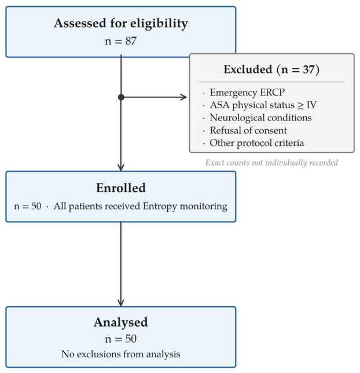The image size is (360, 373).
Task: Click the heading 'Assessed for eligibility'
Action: pos(121,24)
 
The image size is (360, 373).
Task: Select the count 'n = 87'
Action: pos(121,41)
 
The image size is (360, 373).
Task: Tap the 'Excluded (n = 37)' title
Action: pos(271,70)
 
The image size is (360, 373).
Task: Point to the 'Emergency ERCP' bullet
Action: pos(247,92)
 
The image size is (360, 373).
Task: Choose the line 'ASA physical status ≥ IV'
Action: pos(263,105)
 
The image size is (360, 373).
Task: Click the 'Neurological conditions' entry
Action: pos(260,118)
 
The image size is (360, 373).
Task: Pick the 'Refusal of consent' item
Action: pos(248,130)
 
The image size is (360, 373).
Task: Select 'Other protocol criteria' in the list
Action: pos(257,143)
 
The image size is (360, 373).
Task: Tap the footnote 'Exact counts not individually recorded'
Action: pos(271,163)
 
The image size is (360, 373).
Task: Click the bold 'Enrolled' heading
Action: pos(121,188)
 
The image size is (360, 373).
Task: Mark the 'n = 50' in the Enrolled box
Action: pos(28,206)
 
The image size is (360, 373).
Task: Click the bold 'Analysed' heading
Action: pos(121,323)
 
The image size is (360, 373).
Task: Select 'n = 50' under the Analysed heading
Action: pos(121,339)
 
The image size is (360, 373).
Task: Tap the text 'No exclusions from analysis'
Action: pos(121,354)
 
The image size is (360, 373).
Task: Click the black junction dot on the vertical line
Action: pos(121,97)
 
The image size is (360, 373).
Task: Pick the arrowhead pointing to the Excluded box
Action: pos(183,97)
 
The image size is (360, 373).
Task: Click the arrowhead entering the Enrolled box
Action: pos(121,167)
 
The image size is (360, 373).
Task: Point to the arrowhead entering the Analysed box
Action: pos(121,303)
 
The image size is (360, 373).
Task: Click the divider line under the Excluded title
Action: pos(271,82)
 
